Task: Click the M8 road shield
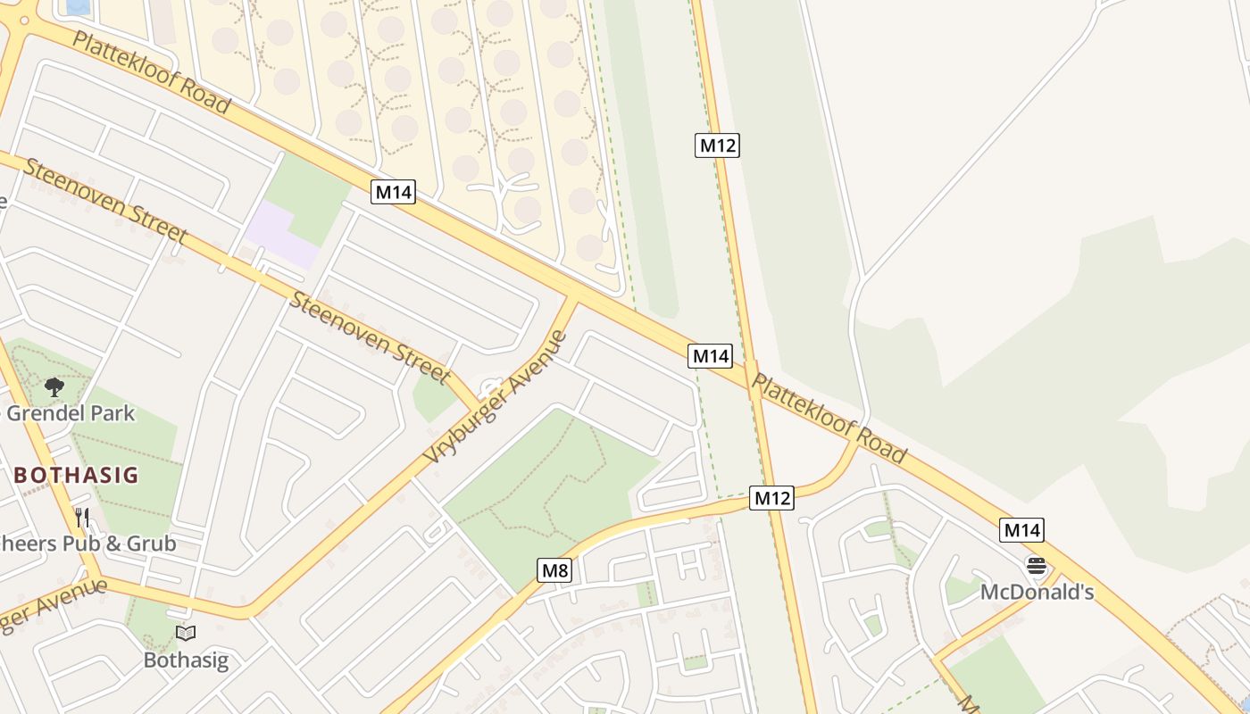pos(554,569)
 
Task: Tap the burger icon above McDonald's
pos(1036,565)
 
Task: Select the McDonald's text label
pos(1037,592)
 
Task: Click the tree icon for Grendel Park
pos(54,387)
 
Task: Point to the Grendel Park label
pos(71,413)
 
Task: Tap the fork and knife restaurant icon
pos(82,517)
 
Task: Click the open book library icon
pos(186,634)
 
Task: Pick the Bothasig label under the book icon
pos(186,660)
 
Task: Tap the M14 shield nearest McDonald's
pos(1021,530)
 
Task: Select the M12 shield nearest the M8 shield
pos(771,498)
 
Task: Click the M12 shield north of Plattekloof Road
pos(717,145)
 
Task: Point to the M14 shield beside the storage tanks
pos(393,192)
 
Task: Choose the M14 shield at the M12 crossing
pos(711,356)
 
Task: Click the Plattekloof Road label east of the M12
pos(829,418)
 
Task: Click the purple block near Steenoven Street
pos(280,234)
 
